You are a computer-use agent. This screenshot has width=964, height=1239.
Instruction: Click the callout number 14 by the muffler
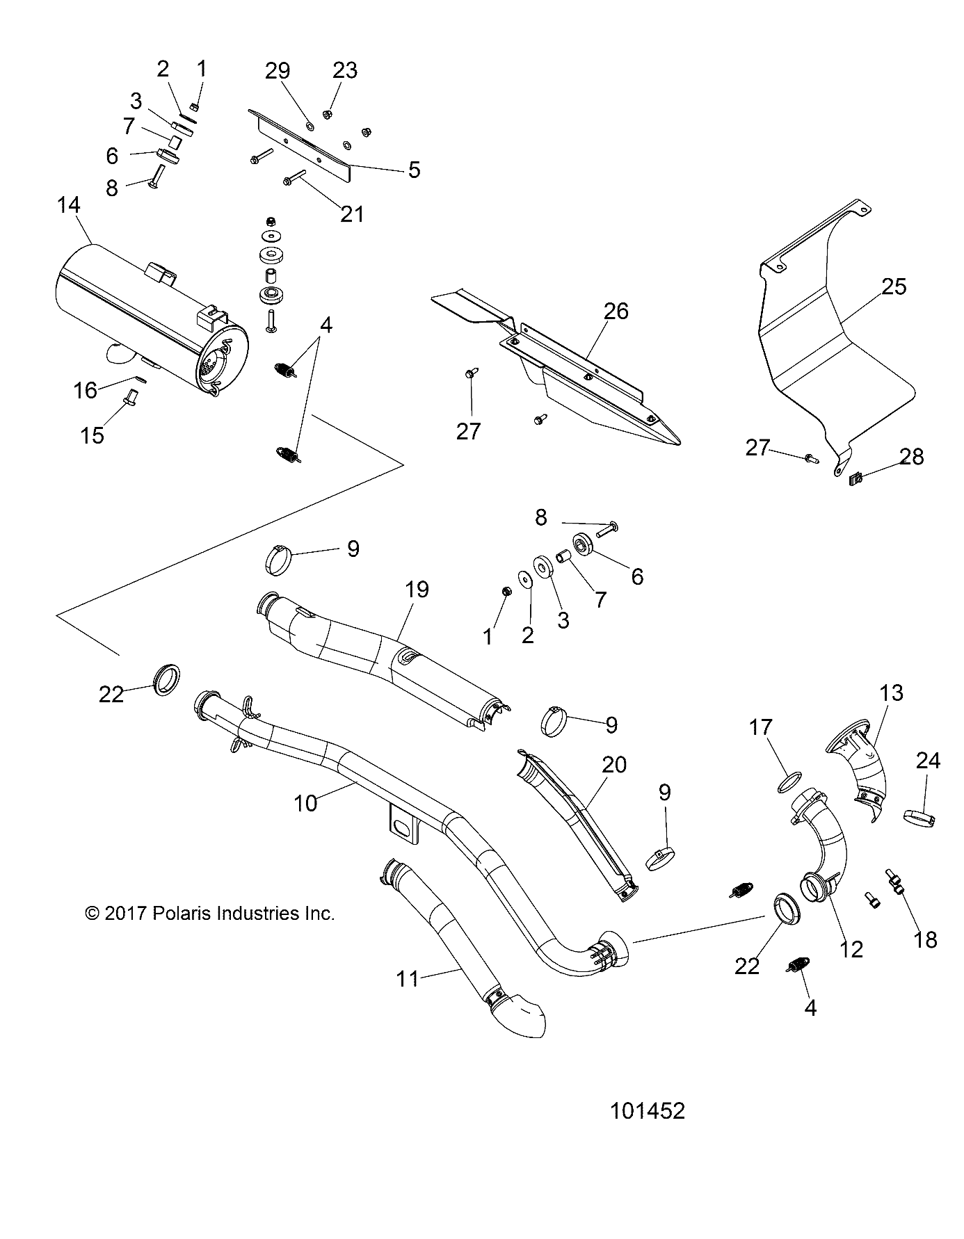point(69,205)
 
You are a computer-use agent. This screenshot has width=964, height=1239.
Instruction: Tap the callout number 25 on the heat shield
point(894,286)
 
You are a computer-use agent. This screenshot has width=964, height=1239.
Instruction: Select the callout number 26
point(616,311)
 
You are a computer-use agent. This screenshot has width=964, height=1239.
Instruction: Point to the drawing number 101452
point(647,1110)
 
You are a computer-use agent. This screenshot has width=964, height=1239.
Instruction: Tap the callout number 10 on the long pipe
point(305,803)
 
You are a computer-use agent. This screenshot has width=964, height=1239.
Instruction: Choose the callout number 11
point(408,978)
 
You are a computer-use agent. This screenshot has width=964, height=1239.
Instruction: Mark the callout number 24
point(928,761)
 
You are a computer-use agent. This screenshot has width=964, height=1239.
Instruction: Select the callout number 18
point(926,939)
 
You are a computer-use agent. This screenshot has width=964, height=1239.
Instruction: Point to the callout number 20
point(615,765)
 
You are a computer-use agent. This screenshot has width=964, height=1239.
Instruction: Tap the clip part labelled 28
point(855,478)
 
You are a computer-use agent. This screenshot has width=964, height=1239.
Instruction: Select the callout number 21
point(352,213)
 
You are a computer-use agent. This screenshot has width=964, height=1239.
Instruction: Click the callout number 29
point(278,71)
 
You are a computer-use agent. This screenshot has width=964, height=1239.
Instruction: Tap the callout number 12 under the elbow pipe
point(851,948)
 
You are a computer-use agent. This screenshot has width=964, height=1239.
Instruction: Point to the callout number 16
point(86,391)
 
